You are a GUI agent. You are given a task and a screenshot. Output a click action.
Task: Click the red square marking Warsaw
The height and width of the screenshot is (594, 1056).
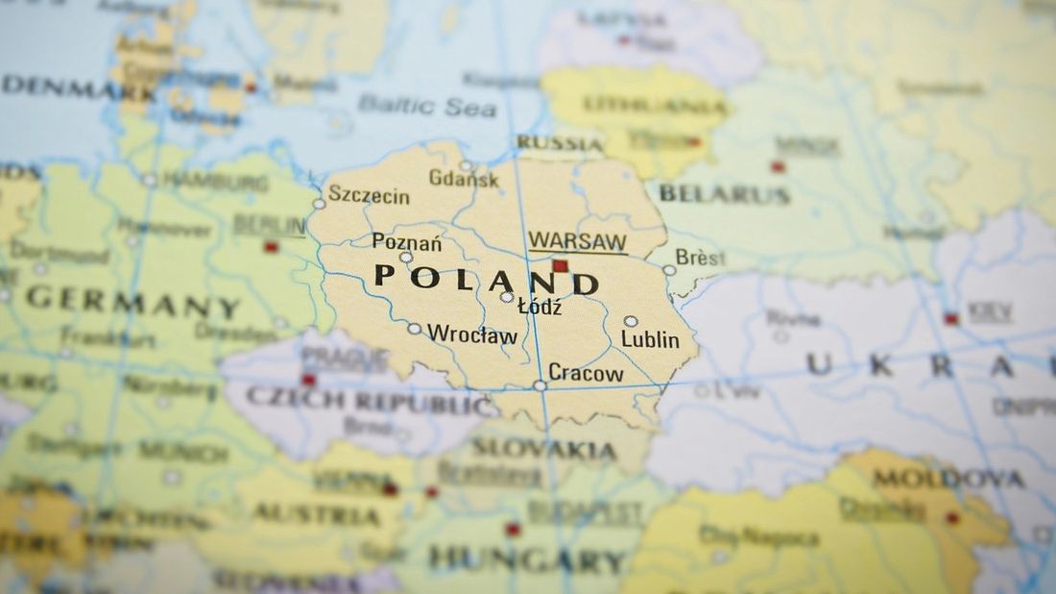tap(561, 265)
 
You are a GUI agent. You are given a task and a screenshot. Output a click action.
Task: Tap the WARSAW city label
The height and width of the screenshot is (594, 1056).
tap(577, 241)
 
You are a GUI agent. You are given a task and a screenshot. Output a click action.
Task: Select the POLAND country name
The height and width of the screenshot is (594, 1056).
tap(486, 280)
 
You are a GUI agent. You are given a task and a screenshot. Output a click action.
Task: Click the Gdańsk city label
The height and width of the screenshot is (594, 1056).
tap(464, 178)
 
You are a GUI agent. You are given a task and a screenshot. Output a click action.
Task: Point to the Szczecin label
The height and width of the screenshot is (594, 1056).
tap(370, 196)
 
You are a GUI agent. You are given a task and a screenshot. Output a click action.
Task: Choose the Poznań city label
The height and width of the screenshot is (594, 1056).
tap(407, 241)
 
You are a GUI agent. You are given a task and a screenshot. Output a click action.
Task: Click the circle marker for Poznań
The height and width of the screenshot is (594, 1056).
tap(406, 258)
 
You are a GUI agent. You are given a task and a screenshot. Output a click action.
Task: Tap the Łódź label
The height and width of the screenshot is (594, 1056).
tap(540, 308)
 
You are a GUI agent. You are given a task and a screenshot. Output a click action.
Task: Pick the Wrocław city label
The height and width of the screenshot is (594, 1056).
tap(472, 334)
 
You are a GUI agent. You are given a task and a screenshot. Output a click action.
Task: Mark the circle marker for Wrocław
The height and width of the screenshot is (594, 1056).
tap(414, 329)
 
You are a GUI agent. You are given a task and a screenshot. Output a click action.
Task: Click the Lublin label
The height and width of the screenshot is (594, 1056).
tap(650, 339)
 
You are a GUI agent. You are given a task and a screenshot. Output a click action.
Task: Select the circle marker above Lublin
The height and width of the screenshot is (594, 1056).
tap(631, 321)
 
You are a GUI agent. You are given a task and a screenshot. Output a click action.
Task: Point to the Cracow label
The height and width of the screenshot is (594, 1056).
tap(586, 373)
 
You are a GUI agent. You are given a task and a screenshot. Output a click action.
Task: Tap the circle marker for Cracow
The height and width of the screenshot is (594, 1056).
tap(540, 385)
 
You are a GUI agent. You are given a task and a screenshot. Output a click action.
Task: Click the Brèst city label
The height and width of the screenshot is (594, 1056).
tap(701, 258)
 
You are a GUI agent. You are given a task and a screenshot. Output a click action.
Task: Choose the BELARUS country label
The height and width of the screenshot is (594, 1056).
tap(726, 194)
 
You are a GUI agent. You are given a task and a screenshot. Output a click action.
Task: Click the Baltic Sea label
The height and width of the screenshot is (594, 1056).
tap(428, 106)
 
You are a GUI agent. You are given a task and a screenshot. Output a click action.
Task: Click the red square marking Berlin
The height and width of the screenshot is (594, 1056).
tap(271, 247)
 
